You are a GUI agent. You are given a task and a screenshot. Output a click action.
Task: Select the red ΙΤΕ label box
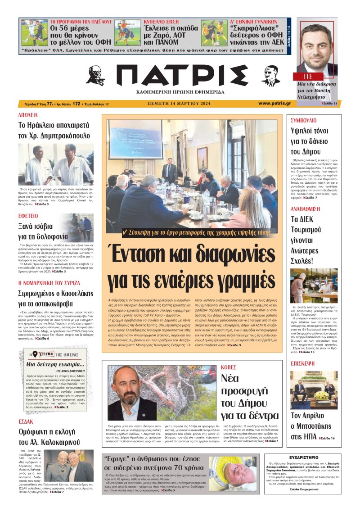coord(302,77)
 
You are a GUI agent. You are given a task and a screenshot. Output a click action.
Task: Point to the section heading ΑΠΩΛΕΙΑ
coord(28,115)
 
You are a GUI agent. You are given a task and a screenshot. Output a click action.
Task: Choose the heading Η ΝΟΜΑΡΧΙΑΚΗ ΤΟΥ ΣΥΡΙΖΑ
coord(49,283)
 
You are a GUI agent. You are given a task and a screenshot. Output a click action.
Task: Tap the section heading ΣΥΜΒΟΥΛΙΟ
coord(304,120)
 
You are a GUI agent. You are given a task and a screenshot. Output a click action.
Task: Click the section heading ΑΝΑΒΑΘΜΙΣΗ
coord(305,209)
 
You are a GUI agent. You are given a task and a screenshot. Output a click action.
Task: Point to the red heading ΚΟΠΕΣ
coord(229,367)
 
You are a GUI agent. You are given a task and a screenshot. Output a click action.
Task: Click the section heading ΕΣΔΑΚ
coord(26,421)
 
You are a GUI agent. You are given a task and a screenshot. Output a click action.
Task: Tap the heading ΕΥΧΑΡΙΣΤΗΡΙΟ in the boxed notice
coord(304,457)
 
